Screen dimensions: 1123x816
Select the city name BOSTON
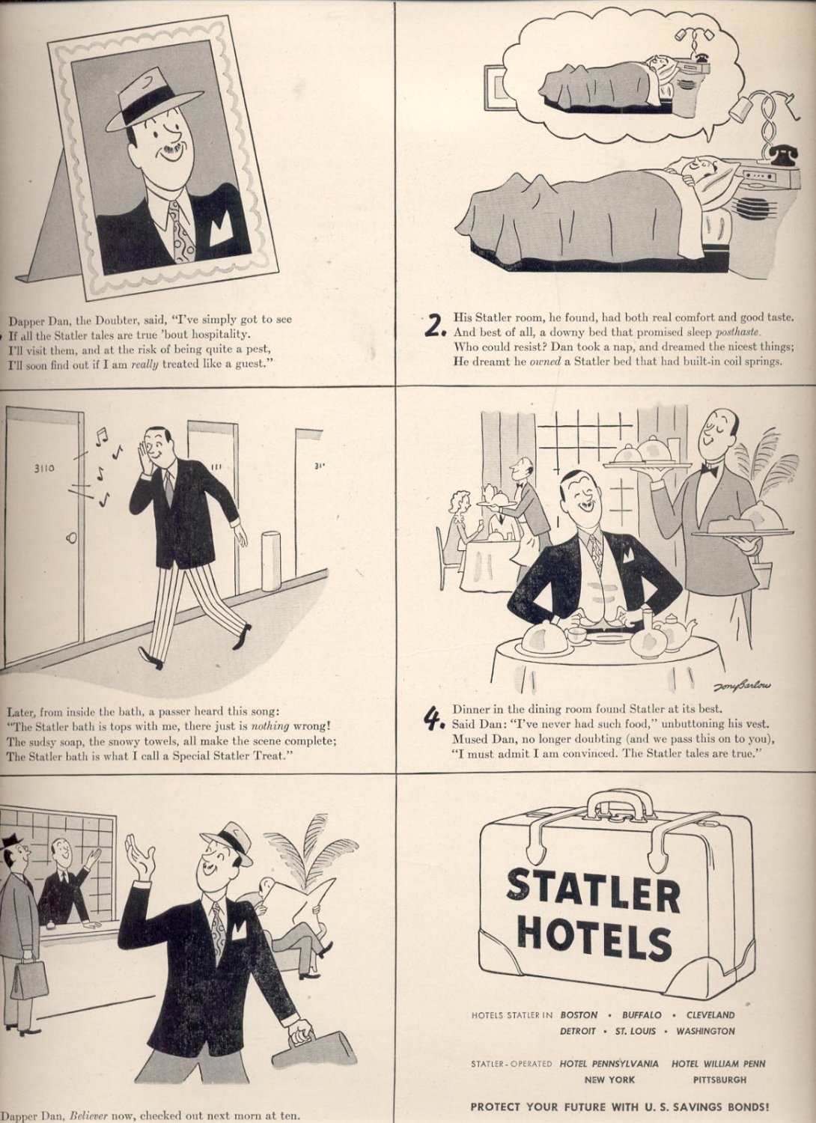click(x=579, y=1015)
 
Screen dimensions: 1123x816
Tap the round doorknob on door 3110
click(x=71, y=538)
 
